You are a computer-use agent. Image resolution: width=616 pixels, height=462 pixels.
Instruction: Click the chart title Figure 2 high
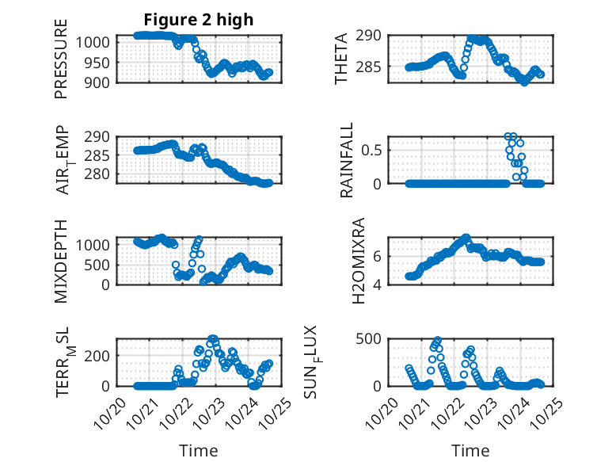[x=199, y=20]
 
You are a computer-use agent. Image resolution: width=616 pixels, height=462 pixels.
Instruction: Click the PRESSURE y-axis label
[x=62, y=59]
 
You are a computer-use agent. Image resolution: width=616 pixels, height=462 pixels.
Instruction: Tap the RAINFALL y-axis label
[x=347, y=160]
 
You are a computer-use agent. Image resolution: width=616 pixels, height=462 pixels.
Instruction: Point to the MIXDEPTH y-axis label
[x=62, y=261]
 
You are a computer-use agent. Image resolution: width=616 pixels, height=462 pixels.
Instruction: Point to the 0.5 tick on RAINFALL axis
[x=373, y=149]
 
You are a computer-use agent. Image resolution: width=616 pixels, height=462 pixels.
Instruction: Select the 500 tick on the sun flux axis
[x=373, y=339]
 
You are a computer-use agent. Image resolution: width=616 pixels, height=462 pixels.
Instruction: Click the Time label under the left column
[x=199, y=451]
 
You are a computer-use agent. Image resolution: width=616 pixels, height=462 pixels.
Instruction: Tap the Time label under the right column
[x=470, y=451]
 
